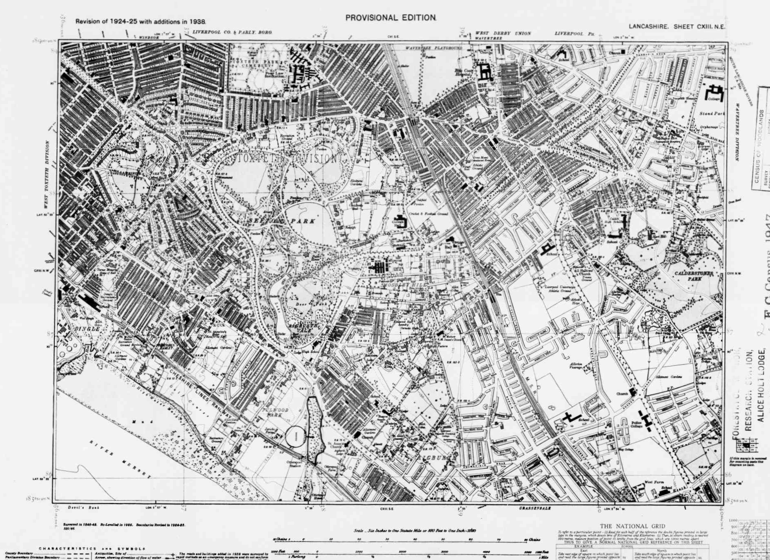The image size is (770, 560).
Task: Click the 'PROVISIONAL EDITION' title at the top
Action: click(x=391, y=18)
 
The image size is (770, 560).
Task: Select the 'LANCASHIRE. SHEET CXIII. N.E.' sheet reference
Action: click(x=677, y=27)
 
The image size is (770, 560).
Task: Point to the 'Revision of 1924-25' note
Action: click(x=141, y=21)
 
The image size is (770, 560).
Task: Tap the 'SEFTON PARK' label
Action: click(x=282, y=221)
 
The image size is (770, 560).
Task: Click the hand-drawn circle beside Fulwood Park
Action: click(x=296, y=436)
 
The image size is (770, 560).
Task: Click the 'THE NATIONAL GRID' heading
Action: click(x=632, y=526)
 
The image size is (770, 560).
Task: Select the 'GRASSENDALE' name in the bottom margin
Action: click(x=535, y=508)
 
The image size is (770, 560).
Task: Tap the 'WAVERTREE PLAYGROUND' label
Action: click(x=433, y=48)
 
